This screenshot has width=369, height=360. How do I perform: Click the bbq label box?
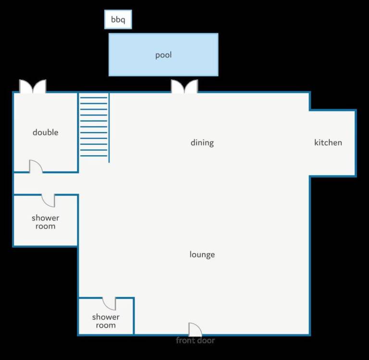coord(118,19)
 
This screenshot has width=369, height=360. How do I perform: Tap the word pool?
coord(163,55)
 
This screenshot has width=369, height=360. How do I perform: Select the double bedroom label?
coord(46,132)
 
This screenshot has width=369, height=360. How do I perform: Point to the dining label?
coord(202,143)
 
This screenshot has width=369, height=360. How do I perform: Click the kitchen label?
coord(328,142)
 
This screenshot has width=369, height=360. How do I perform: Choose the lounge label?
coord(202,255)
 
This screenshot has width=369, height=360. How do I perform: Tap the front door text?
coord(196,340)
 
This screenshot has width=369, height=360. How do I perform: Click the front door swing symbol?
coord(196,329)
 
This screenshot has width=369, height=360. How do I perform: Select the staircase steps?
coord(94,127)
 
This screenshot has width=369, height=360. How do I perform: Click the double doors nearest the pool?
coord(184,86)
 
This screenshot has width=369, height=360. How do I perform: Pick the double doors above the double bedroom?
coord(33,86)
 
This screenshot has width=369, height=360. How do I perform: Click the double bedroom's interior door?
coord(36,166)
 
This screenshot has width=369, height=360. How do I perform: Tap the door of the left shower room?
coord(48,200)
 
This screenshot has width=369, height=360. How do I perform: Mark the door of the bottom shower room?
coord(109,304)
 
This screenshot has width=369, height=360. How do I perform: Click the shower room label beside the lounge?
coord(106,321)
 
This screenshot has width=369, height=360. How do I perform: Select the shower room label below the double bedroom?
coord(46,222)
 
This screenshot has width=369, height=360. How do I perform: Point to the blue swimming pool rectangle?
coord(163,55)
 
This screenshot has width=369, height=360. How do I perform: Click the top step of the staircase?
coord(94,98)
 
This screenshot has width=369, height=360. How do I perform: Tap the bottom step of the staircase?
coord(94,156)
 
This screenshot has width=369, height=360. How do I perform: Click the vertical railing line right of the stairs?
coord(109,128)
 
